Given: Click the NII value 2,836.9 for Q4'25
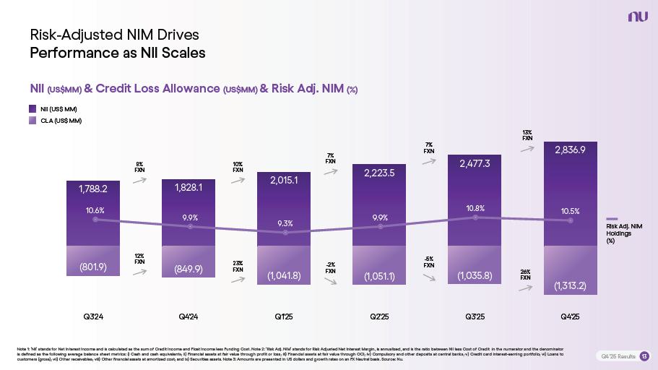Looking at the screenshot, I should (570, 150).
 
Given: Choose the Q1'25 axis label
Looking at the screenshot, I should (283, 317).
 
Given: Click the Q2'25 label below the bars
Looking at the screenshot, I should (378, 317).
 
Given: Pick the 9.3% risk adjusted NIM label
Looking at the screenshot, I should (285, 223).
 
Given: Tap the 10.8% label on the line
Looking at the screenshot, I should (475, 208).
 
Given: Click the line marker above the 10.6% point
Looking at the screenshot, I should (95, 220).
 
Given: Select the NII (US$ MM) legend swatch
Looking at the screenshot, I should (33, 108).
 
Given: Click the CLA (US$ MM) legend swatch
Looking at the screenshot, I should (33, 121).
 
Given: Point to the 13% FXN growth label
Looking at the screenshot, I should (527, 135).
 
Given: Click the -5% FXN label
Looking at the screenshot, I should (428, 262).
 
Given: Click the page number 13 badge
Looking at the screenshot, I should (644, 356).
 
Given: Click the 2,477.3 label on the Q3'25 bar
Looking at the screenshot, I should (475, 164).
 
